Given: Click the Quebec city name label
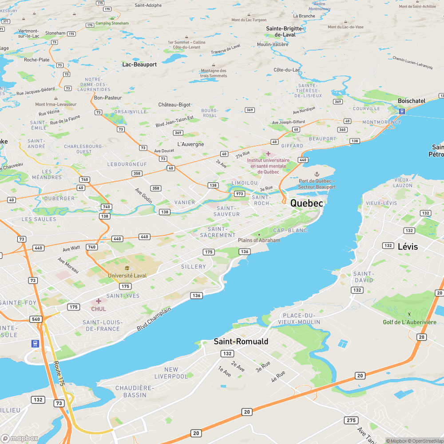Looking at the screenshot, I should (306, 203).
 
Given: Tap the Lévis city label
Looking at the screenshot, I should (408, 246).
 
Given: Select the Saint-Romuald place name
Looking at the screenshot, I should (241, 341).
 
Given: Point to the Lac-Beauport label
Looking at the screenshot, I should (139, 64).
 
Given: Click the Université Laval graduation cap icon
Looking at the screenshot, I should (127, 268).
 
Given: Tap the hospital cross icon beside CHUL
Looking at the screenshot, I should (99, 301).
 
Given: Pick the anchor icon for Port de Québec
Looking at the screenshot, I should (317, 174).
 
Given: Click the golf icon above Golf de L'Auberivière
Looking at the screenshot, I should (409, 315).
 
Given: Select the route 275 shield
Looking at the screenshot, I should (351, 420).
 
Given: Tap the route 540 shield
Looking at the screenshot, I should (36, 319).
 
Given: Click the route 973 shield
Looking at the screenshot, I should (240, 194).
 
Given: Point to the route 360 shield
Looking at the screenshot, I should (342, 129).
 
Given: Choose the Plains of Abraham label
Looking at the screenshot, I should (259, 240).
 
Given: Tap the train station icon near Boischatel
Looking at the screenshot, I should (402, 111).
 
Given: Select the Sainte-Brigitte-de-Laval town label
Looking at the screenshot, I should (285, 31).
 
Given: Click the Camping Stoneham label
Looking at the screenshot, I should (112, 23).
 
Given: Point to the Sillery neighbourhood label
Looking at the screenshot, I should (194, 266).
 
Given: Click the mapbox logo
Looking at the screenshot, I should (20, 438).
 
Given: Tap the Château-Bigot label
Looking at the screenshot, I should (174, 105).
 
